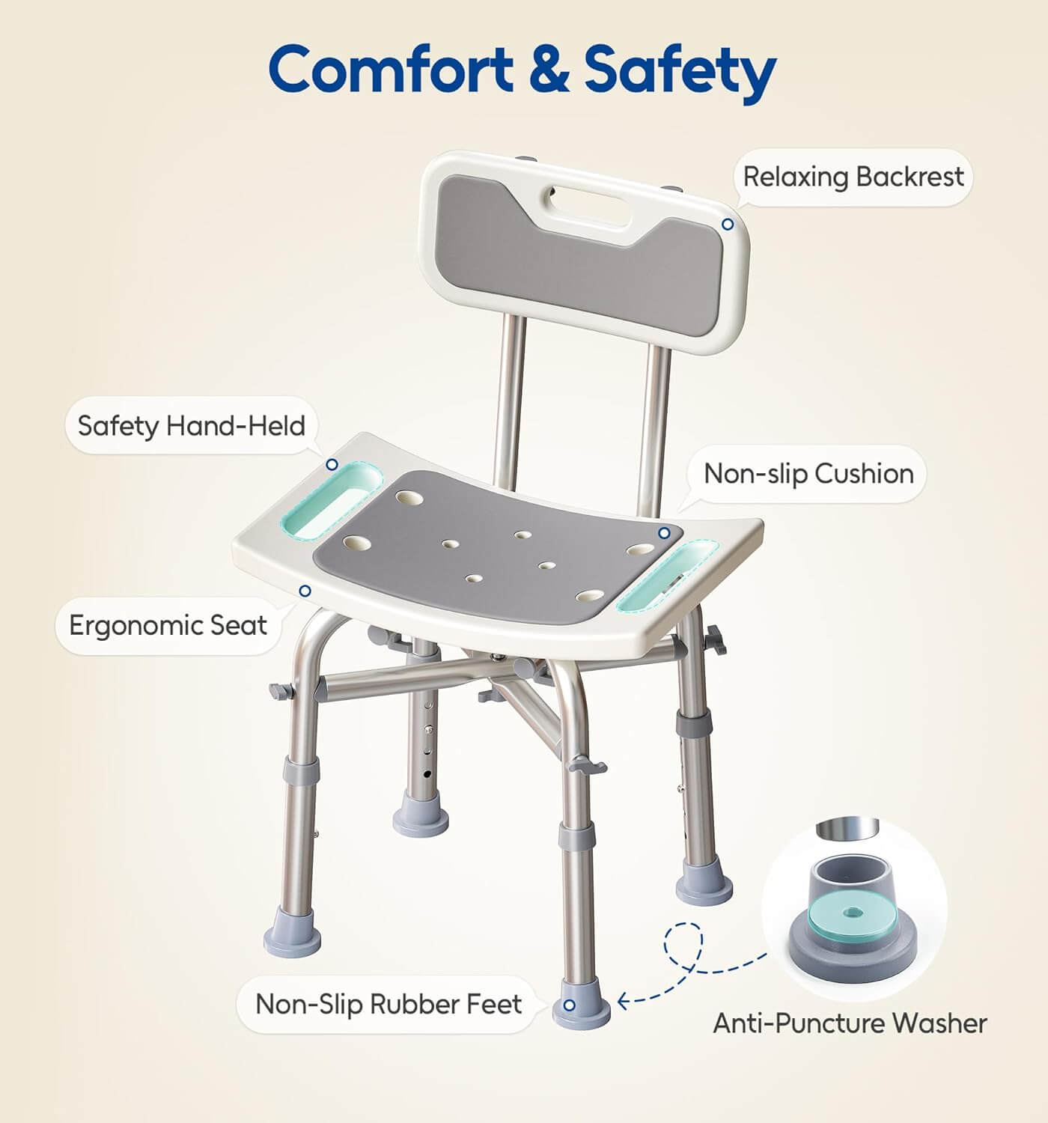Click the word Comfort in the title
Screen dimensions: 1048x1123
(x=391, y=69)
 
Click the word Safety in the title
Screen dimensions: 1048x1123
(x=680, y=73)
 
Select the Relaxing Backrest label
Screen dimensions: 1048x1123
(x=853, y=177)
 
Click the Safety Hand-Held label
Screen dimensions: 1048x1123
(x=191, y=426)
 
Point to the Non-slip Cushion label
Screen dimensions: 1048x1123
(x=808, y=474)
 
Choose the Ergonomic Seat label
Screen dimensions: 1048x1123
(x=168, y=626)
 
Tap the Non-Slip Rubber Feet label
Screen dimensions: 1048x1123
(x=389, y=1005)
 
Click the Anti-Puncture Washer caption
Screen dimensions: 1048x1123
(x=850, y=1023)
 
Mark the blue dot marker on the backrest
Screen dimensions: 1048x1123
(x=728, y=225)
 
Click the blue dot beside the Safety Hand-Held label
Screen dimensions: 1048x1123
(x=332, y=465)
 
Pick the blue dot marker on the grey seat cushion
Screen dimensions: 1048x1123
(x=665, y=532)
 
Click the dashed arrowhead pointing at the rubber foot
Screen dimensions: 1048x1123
(x=624, y=1002)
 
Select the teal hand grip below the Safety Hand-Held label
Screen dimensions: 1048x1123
(x=332, y=500)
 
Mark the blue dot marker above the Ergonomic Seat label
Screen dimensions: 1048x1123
(x=305, y=591)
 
